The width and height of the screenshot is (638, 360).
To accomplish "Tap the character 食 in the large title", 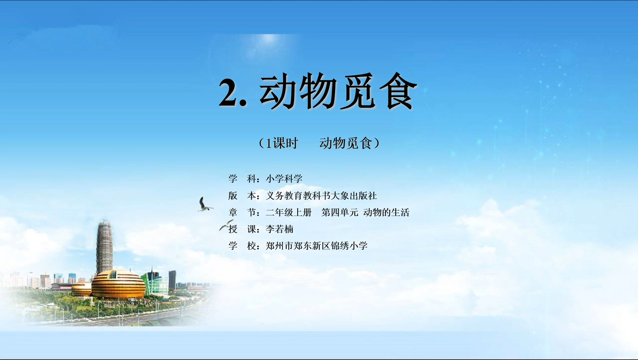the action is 398,91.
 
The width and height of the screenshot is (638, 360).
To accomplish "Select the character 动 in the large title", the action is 278,91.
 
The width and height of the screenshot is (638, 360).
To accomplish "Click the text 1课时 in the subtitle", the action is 282,143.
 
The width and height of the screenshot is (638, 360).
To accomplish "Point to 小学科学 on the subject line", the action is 284,178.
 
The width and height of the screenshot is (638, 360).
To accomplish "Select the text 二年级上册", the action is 288,212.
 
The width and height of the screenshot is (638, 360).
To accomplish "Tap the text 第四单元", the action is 340,212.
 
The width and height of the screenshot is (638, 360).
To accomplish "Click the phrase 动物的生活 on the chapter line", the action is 386,212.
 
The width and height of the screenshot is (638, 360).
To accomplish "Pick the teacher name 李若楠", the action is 279,229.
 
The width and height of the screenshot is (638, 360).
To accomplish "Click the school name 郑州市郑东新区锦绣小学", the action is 317,246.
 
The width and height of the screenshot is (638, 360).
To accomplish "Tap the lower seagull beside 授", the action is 226,225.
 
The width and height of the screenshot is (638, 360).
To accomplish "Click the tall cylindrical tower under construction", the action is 105,245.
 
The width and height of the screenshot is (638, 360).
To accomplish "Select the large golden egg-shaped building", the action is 118,285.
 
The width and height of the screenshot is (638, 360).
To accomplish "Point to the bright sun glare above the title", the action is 269,40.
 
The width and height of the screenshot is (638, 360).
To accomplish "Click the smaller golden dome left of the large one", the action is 81,289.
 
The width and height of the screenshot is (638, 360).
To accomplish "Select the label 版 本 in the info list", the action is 242,196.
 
